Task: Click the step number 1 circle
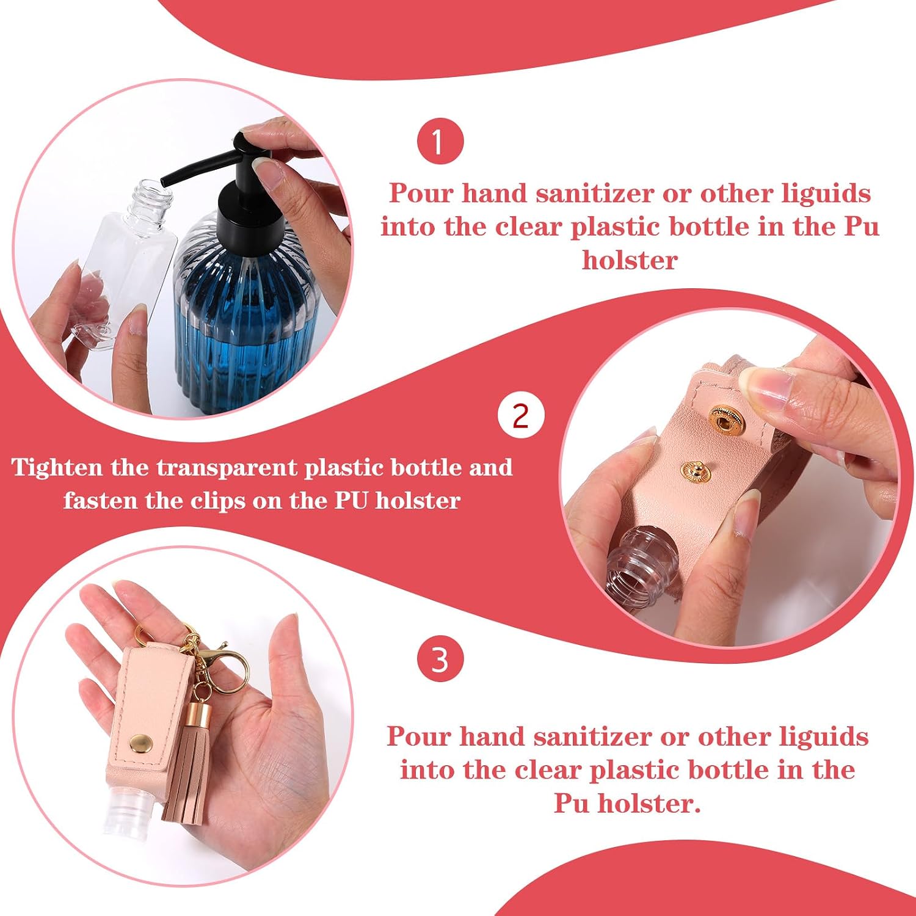point(440,142)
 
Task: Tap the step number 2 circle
point(520,416)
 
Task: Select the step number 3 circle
point(440,660)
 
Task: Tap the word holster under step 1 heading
point(630,260)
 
